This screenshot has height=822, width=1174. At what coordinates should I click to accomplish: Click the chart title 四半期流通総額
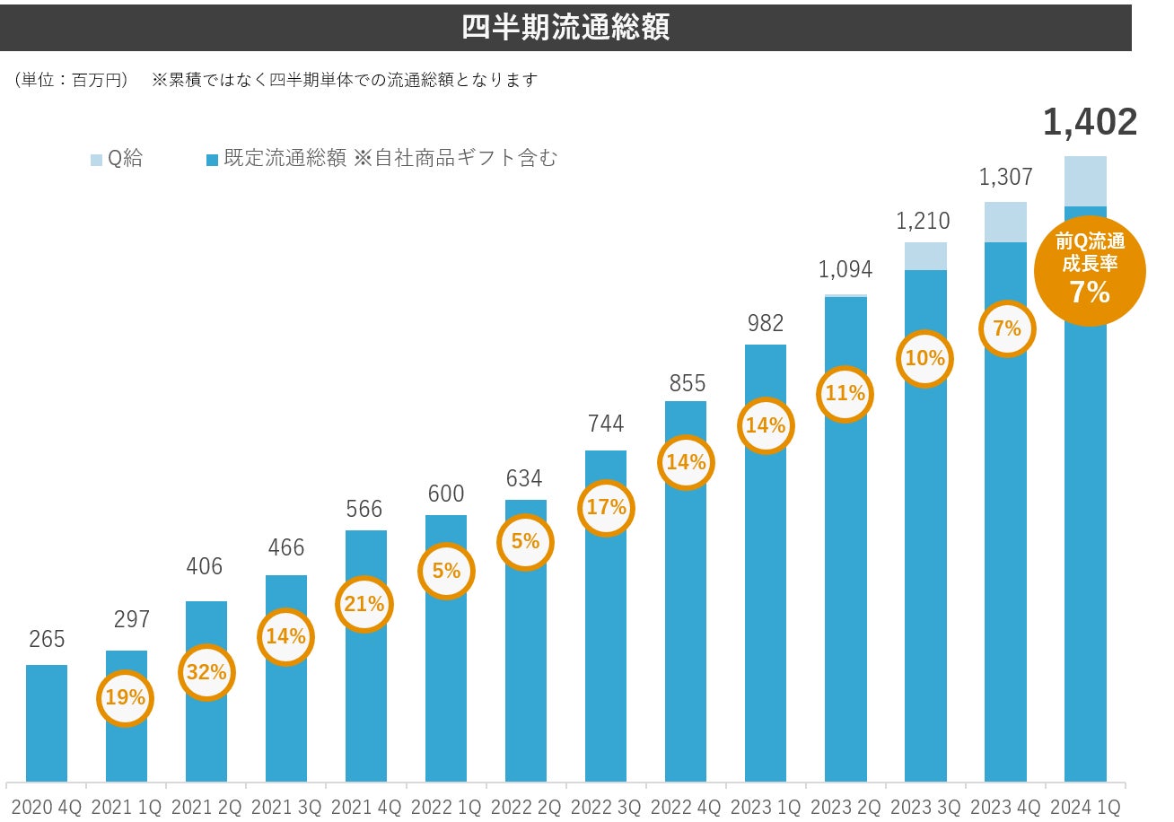565,27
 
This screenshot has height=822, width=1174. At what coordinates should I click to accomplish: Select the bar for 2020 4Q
47,722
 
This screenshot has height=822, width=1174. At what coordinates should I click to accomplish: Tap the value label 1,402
1090,123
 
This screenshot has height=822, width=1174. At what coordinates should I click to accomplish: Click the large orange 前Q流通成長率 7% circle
1090,268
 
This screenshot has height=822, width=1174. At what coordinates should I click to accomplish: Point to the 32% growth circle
206,671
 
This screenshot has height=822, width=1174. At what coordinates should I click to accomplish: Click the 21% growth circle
365,604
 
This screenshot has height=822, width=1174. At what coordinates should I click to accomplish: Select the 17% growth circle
606,507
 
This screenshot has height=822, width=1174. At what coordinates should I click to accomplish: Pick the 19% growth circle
126,696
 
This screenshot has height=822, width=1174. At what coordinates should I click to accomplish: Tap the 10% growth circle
925,358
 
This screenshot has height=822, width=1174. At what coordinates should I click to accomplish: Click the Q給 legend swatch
97,160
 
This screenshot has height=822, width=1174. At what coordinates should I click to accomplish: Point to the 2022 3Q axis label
606,807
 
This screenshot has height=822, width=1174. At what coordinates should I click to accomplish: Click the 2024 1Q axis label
1086,807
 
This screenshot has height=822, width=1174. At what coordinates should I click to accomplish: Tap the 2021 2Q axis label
206,807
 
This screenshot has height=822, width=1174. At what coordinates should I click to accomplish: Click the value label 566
365,510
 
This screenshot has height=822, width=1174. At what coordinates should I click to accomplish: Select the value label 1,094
845,269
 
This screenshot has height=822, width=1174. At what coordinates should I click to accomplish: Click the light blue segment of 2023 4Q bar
1005,222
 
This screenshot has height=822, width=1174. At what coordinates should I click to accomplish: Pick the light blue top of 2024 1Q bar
1085,181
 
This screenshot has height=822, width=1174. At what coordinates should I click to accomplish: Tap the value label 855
686,382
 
